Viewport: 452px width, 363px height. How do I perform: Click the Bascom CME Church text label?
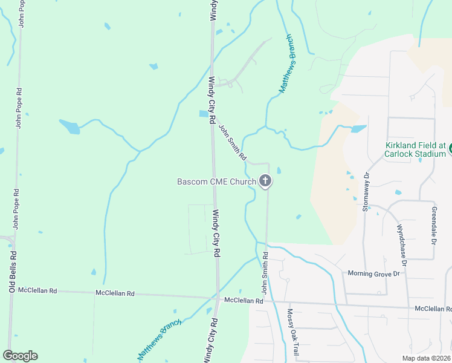(216, 181)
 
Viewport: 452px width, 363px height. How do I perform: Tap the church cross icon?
(265, 180)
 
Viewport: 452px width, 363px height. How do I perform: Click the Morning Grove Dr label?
(374, 274)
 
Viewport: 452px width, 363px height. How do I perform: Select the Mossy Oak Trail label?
(292, 332)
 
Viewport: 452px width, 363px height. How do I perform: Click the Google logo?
(20, 355)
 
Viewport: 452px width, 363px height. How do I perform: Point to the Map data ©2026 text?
(427, 358)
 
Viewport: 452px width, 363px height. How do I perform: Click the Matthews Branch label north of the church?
(289, 71)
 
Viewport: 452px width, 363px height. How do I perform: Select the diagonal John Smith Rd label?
(233, 143)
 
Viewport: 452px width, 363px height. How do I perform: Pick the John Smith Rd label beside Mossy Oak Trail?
(265, 275)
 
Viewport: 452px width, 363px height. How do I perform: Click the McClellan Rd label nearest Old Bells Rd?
(37, 291)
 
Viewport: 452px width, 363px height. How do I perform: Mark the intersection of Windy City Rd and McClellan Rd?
(216, 298)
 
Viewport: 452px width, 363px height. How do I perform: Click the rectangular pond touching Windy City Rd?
(204, 114)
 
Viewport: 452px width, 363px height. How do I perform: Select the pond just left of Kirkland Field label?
(358, 129)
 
